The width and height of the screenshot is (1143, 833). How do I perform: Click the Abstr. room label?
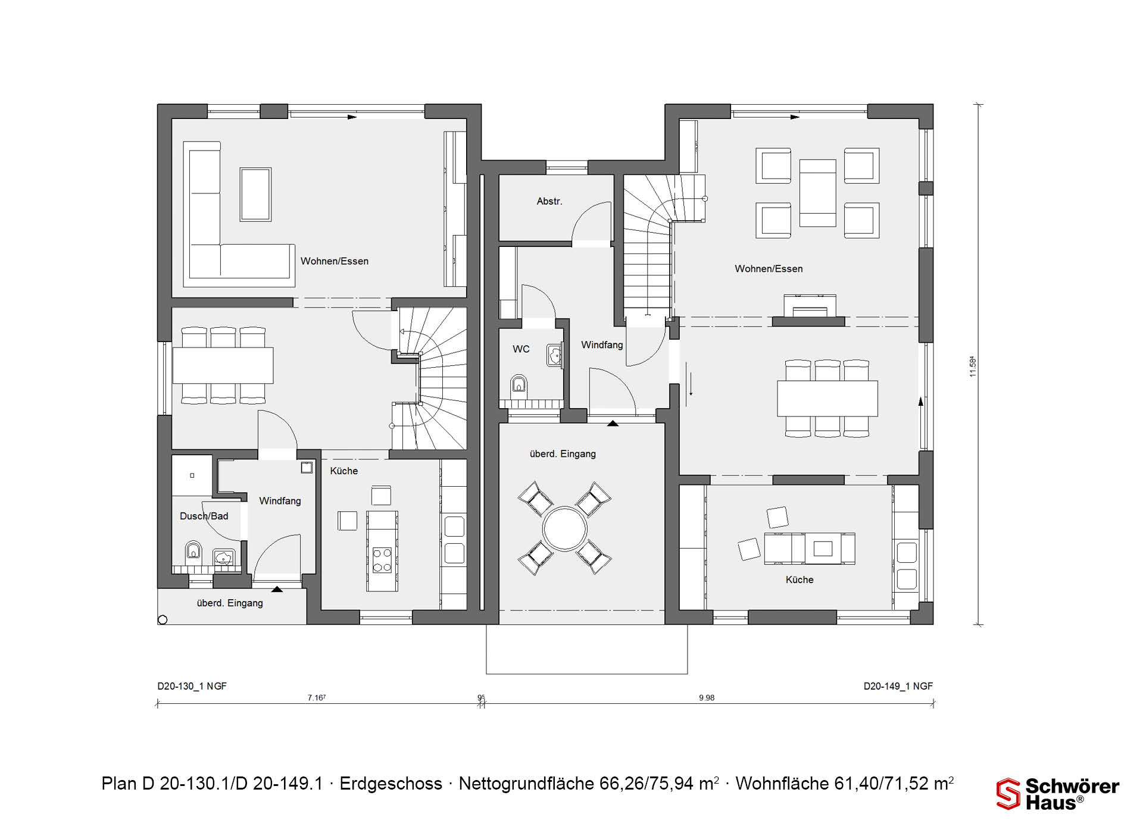(x=549, y=202)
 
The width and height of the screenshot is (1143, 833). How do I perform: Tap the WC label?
(x=521, y=349)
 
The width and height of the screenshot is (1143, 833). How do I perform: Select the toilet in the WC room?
(x=519, y=385)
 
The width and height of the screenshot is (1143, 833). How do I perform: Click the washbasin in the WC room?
(x=554, y=355)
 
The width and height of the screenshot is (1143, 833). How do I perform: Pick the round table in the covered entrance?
(x=564, y=528)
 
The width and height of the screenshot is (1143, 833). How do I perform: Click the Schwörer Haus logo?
(x=1058, y=794)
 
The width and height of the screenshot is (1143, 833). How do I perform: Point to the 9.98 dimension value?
(x=707, y=698)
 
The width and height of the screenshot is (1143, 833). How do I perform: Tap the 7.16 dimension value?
(x=316, y=698)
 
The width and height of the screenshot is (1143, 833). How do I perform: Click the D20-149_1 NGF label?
(x=898, y=686)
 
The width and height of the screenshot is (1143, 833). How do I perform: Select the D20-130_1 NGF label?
(x=192, y=686)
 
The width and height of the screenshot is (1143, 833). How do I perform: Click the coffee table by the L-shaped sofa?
(x=255, y=195)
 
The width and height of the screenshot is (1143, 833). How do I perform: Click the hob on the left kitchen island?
(x=382, y=560)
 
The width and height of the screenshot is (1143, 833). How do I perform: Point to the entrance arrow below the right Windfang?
(x=613, y=423)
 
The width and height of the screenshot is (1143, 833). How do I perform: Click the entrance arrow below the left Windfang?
(x=277, y=589)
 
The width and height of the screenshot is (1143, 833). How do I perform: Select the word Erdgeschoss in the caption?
(x=391, y=784)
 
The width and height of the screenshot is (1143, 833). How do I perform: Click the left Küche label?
(x=344, y=471)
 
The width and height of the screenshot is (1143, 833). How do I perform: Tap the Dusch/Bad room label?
(x=204, y=516)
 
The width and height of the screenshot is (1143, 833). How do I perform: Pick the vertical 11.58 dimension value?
(x=973, y=366)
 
